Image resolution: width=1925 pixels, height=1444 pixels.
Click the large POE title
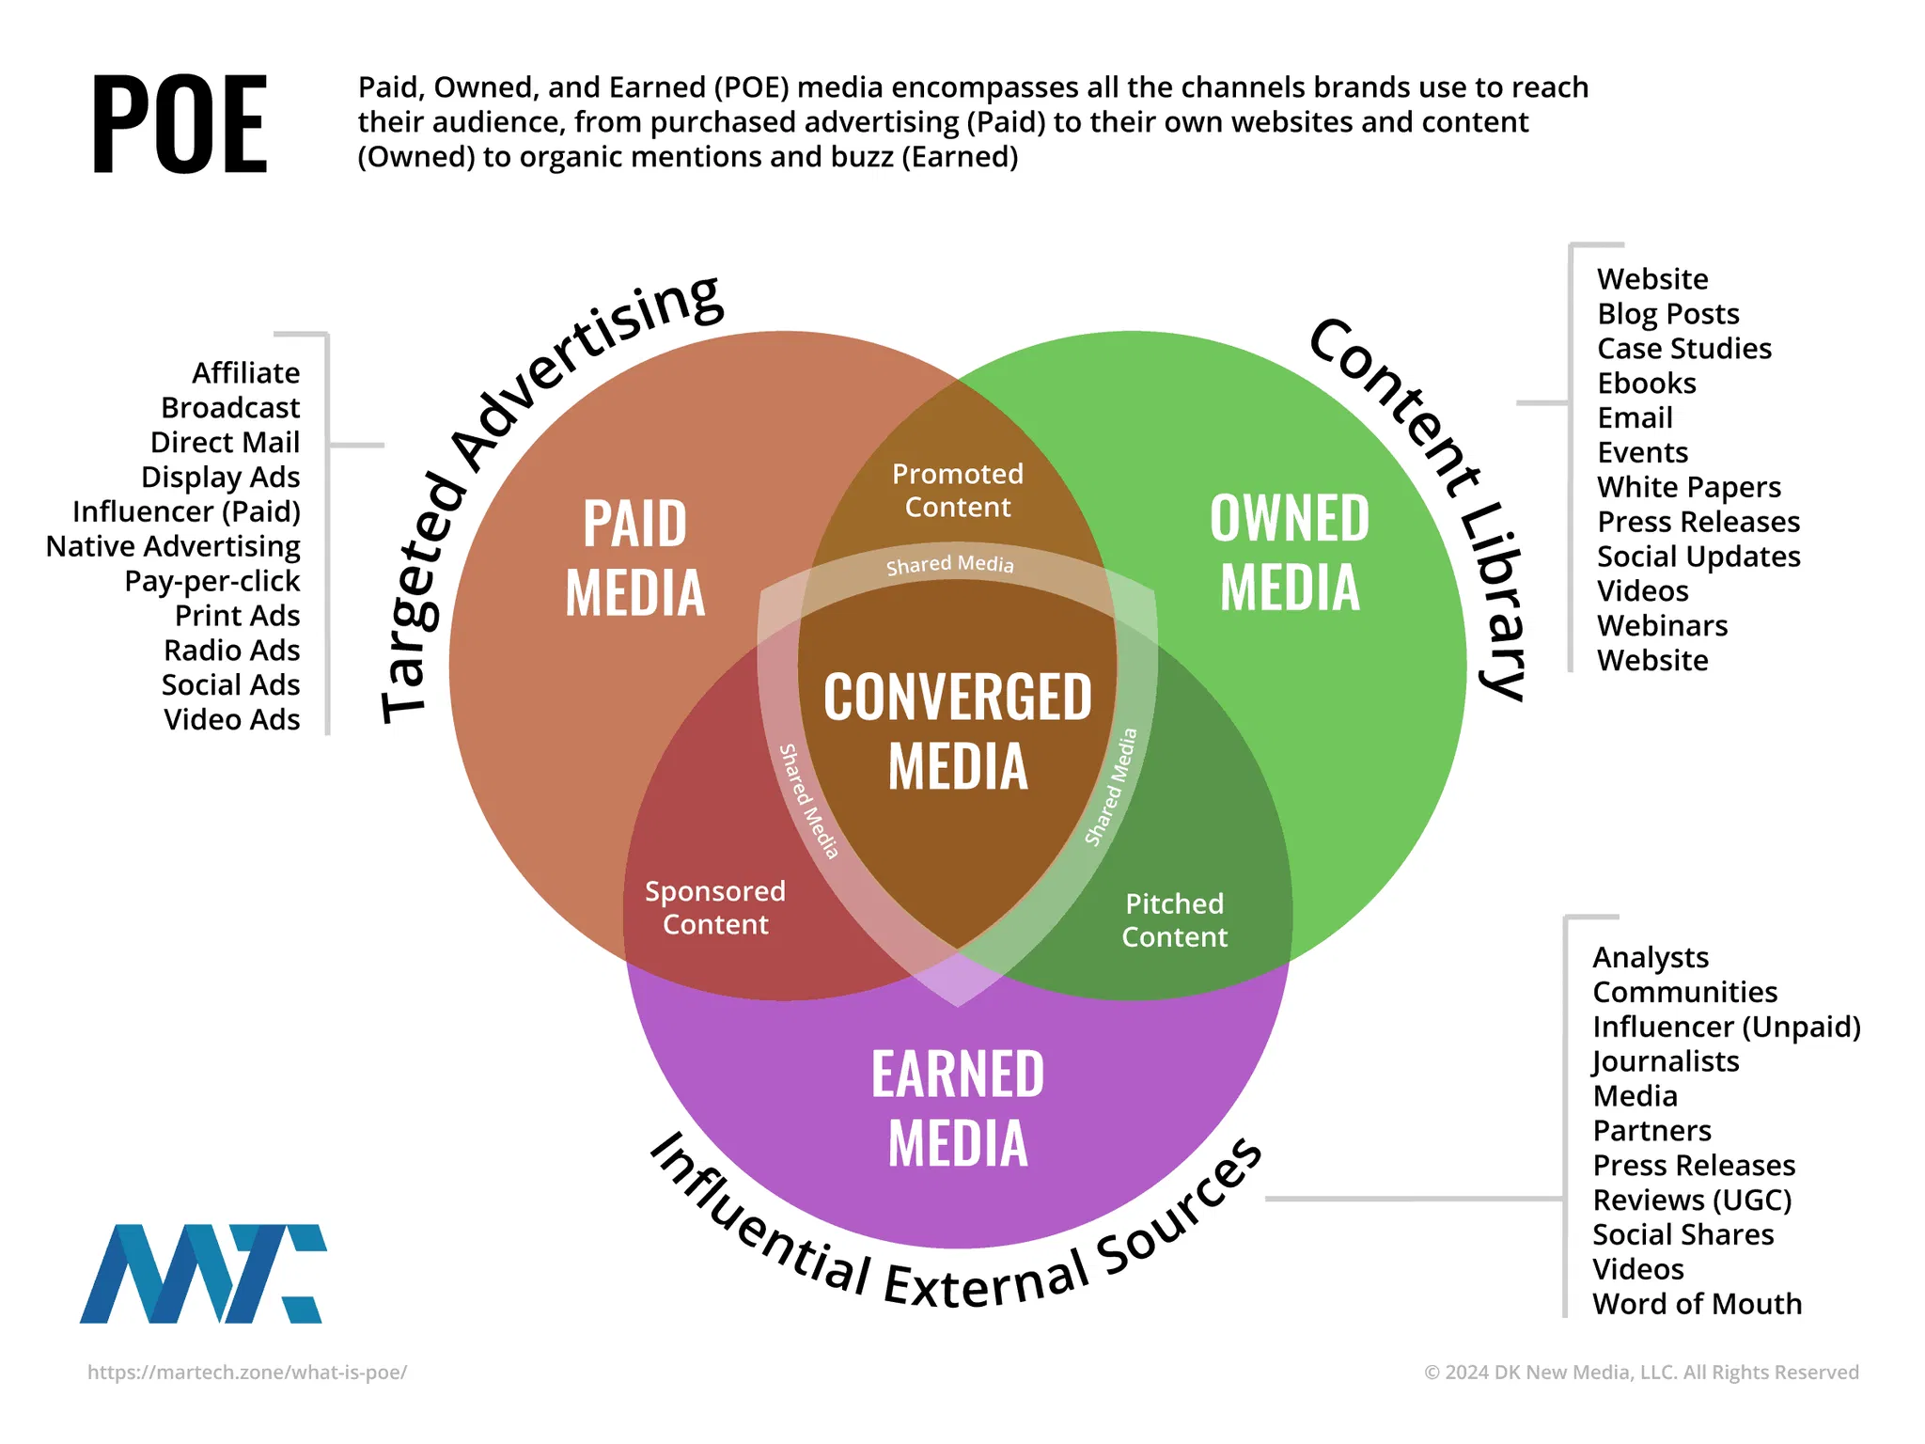(x=180, y=124)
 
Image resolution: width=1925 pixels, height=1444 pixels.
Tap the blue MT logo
(x=203, y=1273)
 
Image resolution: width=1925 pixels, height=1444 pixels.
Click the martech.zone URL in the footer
(x=247, y=1373)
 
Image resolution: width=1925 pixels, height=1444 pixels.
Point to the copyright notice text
(x=1641, y=1373)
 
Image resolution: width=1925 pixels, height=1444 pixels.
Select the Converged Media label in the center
(x=958, y=730)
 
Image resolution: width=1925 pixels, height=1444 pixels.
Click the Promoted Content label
(x=958, y=490)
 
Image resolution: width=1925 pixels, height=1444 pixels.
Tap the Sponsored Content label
(x=715, y=907)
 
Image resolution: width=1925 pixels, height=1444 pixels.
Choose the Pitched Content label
(x=1174, y=920)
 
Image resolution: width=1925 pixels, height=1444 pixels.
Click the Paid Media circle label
(x=635, y=557)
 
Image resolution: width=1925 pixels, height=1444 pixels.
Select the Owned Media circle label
(x=1290, y=553)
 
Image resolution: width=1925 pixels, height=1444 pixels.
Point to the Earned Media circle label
(x=958, y=1108)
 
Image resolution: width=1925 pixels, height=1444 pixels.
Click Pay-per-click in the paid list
(x=212, y=581)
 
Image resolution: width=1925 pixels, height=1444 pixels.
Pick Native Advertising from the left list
(x=174, y=546)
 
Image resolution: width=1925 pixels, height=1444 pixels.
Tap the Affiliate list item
(x=246, y=373)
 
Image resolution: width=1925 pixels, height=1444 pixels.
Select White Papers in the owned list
(x=1689, y=487)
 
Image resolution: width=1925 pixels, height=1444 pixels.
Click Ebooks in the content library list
(x=1647, y=384)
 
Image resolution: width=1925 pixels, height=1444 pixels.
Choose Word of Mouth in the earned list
(x=1697, y=1304)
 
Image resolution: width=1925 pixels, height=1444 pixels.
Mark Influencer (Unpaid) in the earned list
(x=1727, y=1027)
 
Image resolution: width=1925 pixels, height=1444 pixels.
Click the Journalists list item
(x=1666, y=1061)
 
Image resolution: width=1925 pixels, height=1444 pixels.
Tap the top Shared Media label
(x=950, y=564)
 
